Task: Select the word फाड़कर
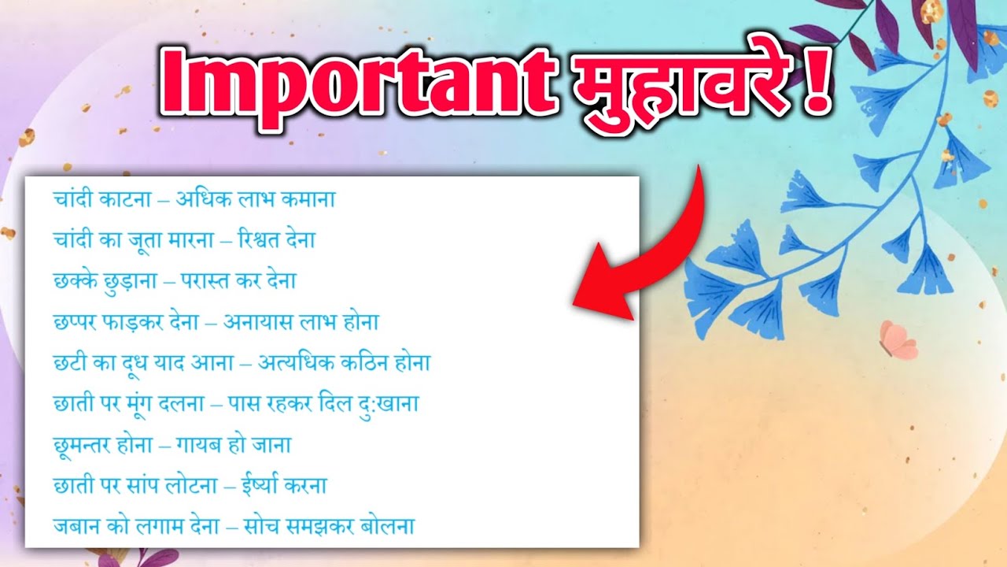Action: click(139, 323)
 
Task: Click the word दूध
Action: click(144, 364)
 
